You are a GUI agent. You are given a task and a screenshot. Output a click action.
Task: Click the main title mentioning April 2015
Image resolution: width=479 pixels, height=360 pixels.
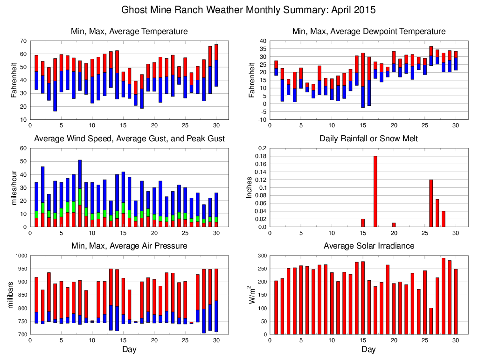[x=248, y=10]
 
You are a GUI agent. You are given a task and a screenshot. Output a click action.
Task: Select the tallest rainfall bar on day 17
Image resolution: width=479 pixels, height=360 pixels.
[x=375, y=191]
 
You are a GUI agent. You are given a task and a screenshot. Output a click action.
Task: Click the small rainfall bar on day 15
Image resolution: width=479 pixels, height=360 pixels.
[x=363, y=223]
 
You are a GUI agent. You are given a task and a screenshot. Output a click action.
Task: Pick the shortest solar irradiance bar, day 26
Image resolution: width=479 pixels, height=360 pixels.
[x=431, y=321]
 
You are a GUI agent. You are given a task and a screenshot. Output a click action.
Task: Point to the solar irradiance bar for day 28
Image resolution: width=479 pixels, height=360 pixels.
[x=444, y=296]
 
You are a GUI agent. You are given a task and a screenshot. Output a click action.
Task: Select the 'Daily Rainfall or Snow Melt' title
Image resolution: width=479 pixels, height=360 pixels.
[x=368, y=139]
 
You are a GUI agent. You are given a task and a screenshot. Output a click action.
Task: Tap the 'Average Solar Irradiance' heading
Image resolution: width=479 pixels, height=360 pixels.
[x=368, y=246]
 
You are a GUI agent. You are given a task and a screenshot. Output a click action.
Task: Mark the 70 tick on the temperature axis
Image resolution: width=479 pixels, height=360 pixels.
[x=23, y=41]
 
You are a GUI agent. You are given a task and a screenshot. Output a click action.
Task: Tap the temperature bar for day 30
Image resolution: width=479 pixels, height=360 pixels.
[x=216, y=65]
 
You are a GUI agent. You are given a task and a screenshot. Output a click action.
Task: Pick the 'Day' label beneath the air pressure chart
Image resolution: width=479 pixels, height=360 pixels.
[x=129, y=349]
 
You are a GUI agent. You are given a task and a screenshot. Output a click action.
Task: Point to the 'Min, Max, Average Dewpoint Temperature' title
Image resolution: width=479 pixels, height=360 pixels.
[x=368, y=32]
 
